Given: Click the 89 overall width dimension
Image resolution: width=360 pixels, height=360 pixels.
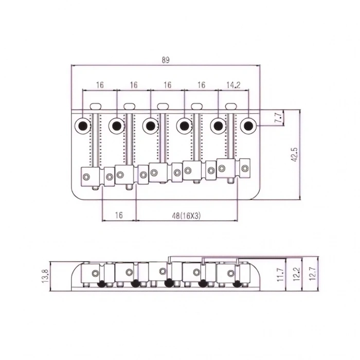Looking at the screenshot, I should point(165,60).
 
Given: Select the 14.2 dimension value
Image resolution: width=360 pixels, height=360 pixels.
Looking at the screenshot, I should point(234,85).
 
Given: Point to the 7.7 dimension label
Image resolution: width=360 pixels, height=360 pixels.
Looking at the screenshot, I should point(278,118).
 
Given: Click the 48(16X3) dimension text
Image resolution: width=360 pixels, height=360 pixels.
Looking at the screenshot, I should point(187,216).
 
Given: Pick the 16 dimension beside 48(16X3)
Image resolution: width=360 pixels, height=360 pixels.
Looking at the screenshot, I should point(119,216).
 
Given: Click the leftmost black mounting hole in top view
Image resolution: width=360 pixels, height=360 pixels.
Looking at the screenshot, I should point(83,125).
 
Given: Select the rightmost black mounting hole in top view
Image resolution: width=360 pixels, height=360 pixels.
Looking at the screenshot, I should point(249,125).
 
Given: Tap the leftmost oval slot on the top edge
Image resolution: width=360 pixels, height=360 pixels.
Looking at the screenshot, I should point(96,106).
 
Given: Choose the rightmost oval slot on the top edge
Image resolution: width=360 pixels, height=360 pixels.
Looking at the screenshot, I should point(231,106).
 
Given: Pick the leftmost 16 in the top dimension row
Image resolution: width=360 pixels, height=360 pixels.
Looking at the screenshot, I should point(99,85).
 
